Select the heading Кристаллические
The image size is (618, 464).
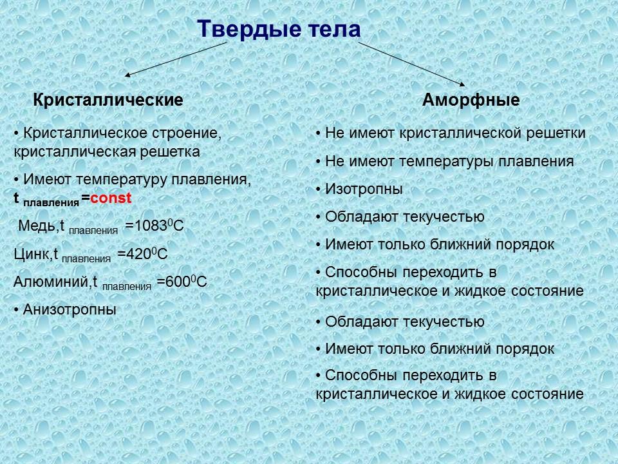click(108, 101)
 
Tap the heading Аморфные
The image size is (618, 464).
click(471, 101)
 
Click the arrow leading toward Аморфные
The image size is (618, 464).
click(412, 63)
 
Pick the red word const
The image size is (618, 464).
click(111, 198)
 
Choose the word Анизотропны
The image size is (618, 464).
click(69, 309)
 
